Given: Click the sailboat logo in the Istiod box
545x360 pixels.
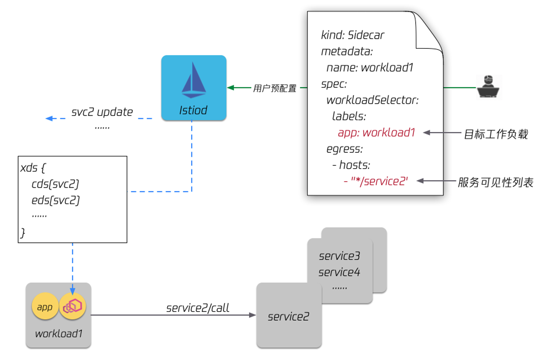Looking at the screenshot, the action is pyautogui.click(x=194, y=80).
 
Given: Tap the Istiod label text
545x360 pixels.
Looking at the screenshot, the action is pyautogui.click(x=193, y=110).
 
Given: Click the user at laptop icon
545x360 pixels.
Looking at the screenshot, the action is pyautogui.click(x=488, y=87).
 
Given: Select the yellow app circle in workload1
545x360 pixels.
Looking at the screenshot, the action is pyautogui.click(x=45, y=306).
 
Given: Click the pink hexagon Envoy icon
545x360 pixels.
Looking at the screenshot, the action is pyautogui.click(x=73, y=306).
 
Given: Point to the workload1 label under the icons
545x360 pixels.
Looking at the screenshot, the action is pyautogui.click(x=59, y=334).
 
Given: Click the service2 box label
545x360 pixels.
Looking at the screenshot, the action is pyautogui.click(x=289, y=317).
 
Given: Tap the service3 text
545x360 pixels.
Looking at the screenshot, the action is pyautogui.click(x=339, y=256).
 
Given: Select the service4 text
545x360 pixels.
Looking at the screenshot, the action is pyautogui.click(x=339, y=272).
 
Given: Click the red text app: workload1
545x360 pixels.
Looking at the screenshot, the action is pyautogui.click(x=376, y=133).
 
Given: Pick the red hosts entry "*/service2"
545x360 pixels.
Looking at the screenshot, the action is pyautogui.click(x=376, y=181).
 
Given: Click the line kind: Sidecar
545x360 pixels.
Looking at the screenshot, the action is pyautogui.click(x=352, y=35).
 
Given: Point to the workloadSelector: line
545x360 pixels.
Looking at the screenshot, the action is pyautogui.click(x=373, y=100).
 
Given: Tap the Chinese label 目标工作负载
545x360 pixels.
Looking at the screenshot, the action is pyautogui.click(x=496, y=134).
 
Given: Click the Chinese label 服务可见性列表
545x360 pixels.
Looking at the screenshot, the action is pyautogui.click(x=495, y=183).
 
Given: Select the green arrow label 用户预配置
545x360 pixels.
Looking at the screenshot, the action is pyautogui.click(x=275, y=88).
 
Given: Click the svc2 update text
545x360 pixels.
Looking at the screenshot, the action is pyautogui.click(x=102, y=112).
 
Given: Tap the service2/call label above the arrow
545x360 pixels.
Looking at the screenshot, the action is pyautogui.click(x=198, y=308).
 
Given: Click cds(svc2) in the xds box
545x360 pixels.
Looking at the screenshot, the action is pyautogui.click(x=55, y=184).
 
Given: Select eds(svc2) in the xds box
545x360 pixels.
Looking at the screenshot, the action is pyautogui.click(x=56, y=200).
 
